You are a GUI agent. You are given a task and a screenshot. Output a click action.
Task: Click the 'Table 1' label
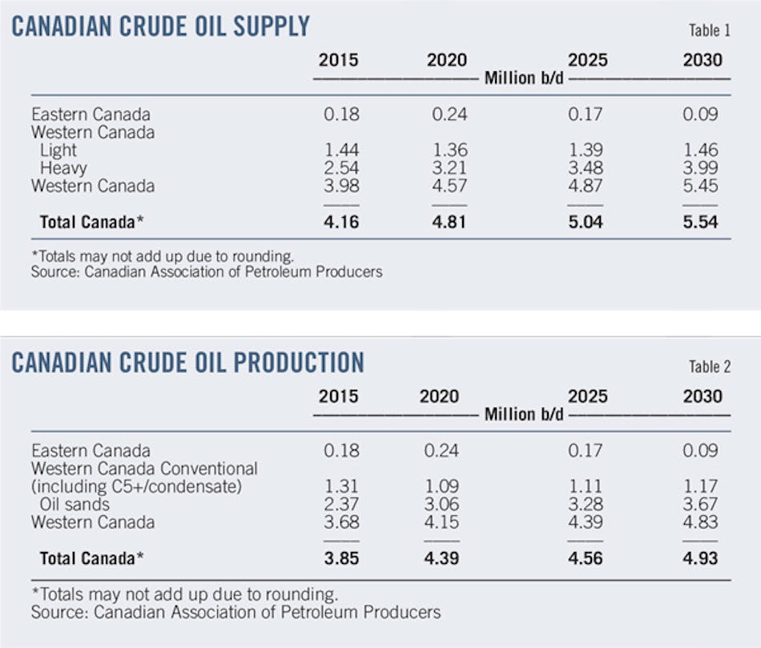pyautogui.click(x=709, y=31)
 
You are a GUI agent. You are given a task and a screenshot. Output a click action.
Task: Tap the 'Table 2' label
pyautogui.click(x=709, y=367)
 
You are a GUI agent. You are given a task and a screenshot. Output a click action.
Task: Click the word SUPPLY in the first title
pyautogui.click(x=256, y=27)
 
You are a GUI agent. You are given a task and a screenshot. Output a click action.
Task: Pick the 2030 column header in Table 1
pyautogui.click(x=703, y=60)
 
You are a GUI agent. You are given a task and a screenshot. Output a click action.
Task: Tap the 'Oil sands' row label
pyautogui.click(x=74, y=504)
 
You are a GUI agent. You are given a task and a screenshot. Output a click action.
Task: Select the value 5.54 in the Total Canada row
pyautogui.click(x=703, y=221)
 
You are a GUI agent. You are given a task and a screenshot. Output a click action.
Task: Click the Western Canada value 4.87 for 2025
pyautogui.click(x=587, y=186)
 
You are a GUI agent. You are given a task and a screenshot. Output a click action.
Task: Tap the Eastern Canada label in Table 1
pyautogui.click(x=91, y=115)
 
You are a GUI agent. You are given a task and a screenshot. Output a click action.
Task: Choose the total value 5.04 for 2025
pyautogui.click(x=587, y=221)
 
